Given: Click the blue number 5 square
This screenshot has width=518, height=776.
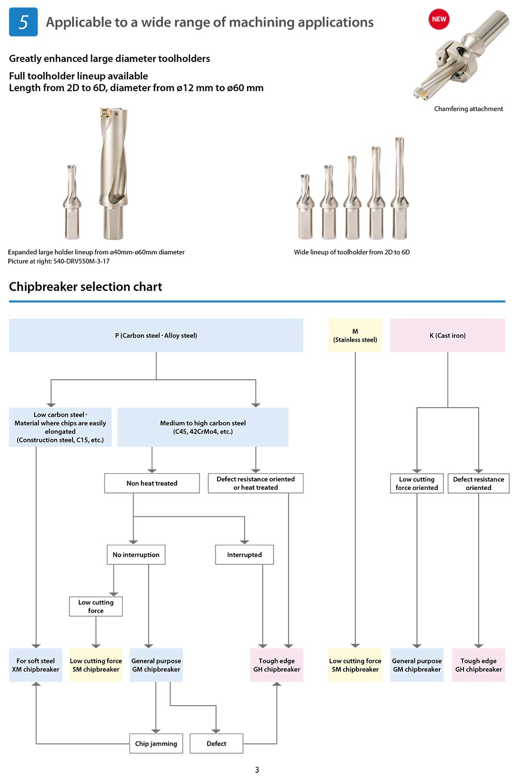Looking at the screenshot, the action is (23, 22).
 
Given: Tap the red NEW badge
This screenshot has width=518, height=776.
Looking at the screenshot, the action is (439, 19).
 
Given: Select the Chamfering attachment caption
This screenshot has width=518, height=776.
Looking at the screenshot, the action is (468, 109).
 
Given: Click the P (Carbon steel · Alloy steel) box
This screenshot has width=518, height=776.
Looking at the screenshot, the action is (156, 335).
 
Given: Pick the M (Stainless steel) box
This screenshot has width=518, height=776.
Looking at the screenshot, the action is (355, 335).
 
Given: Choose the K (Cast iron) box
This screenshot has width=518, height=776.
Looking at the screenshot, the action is (448, 335).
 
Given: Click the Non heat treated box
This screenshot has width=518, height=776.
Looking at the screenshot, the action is (152, 483).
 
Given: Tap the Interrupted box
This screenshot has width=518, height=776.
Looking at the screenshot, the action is (244, 555).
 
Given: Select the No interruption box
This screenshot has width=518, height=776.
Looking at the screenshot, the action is (136, 555).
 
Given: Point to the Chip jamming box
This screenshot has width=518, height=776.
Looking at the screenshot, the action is (156, 743).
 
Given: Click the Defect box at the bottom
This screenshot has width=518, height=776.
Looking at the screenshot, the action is (217, 743).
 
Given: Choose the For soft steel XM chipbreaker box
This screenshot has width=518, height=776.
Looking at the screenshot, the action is (36, 665).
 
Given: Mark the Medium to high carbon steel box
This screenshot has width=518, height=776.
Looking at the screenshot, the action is (203, 427).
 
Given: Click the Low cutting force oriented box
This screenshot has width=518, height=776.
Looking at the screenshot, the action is (416, 483).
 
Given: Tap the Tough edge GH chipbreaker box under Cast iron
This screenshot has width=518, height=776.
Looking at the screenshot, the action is (479, 665).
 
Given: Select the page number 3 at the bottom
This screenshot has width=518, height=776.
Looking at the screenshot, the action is (257, 770).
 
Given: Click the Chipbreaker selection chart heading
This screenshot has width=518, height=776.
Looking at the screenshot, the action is (85, 287).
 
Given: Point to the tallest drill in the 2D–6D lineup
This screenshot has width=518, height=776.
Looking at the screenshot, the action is (400, 188).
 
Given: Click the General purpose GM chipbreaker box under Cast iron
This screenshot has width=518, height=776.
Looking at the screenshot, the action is (416, 665).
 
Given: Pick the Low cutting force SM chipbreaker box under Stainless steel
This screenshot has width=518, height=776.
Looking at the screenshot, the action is (355, 665).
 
